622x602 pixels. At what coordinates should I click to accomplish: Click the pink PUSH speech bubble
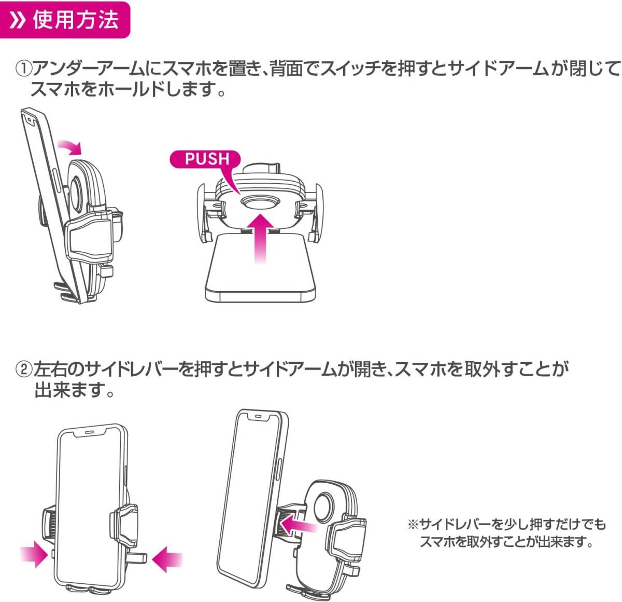click(206, 159)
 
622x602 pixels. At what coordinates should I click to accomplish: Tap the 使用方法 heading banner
click(66, 20)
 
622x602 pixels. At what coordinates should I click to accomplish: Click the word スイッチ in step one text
click(351, 69)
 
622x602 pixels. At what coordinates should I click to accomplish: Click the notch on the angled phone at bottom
click(258, 416)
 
